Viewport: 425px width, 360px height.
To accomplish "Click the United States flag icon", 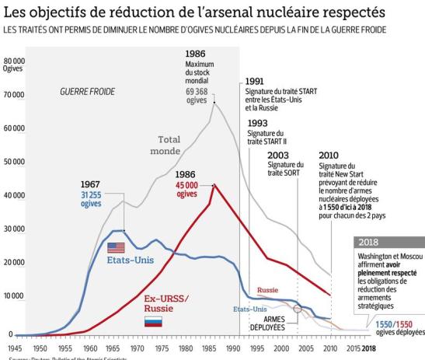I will coord(117,248).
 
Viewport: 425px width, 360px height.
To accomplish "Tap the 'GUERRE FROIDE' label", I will coord(86,92).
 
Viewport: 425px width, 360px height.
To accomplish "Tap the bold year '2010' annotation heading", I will coord(329,155).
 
